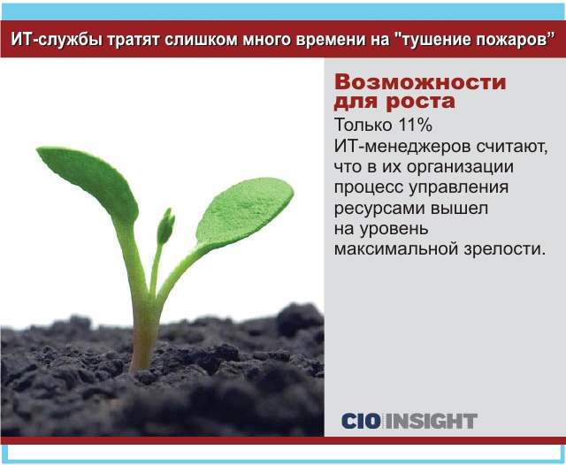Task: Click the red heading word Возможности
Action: (420, 83)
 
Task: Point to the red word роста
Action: (421, 102)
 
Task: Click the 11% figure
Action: (415, 126)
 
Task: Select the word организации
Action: (460, 167)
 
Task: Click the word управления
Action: (459, 188)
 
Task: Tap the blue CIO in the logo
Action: (361, 421)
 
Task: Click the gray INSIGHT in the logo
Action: (432, 421)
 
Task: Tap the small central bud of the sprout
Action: (165, 226)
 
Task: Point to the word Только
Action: (363, 126)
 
